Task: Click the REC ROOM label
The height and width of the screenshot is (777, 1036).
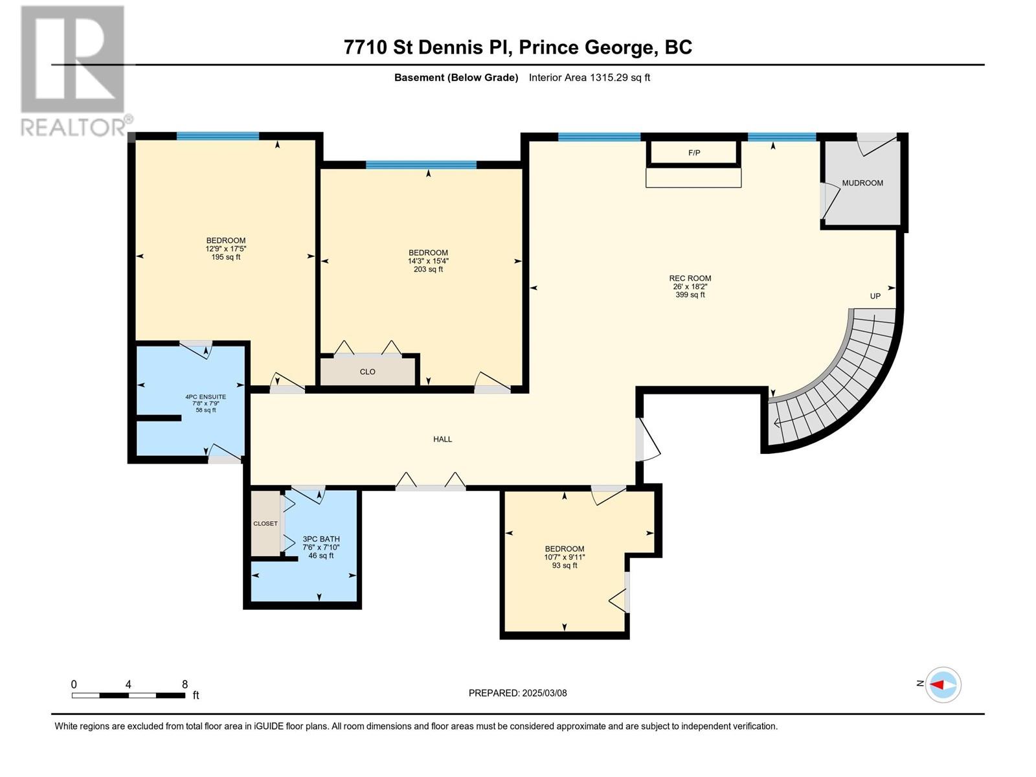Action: [x=690, y=278]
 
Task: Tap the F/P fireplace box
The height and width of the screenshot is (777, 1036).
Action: [x=693, y=153]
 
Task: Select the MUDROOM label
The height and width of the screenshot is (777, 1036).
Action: [x=862, y=183]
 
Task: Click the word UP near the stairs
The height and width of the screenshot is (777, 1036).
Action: [x=875, y=297]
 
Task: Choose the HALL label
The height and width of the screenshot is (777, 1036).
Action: [x=442, y=439]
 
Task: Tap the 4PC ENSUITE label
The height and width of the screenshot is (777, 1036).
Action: [x=205, y=397]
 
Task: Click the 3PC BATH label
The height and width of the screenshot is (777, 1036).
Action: [x=321, y=539]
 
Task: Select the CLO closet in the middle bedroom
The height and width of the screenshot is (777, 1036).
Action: [x=368, y=372]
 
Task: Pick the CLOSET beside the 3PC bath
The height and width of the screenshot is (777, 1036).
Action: [x=265, y=524]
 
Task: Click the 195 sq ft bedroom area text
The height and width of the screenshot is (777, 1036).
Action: [x=225, y=257]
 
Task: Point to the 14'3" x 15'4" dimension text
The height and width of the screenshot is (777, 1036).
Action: [x=428, y=261]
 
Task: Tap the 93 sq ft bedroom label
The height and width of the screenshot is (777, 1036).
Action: [x=565, y=565]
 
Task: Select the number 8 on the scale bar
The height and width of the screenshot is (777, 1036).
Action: [x=185, y=684]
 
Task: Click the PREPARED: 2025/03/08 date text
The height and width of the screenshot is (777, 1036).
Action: [x=518, y=693]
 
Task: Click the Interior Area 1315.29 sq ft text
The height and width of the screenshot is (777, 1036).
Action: [x=589, y=77]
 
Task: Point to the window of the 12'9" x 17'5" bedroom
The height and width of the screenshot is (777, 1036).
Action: [x=218, y=137]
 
